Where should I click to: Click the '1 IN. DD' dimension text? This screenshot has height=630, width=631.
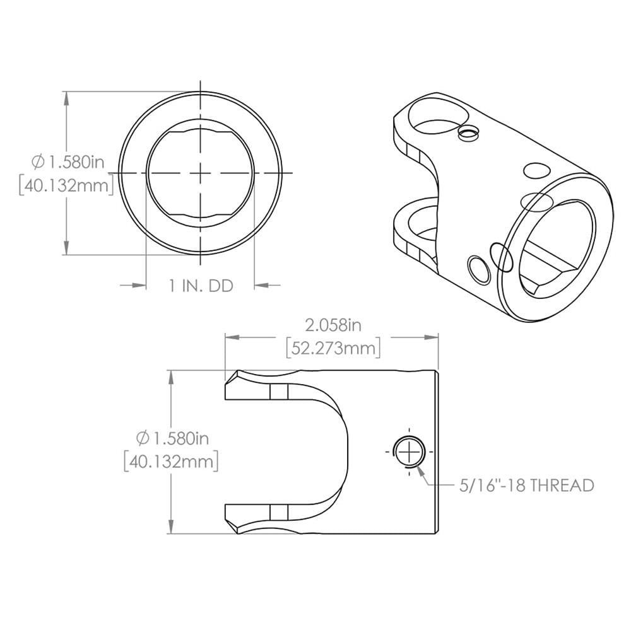(201, 286)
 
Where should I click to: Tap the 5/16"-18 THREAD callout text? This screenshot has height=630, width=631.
(525, 486)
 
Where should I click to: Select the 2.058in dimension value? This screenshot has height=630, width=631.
(333, 325)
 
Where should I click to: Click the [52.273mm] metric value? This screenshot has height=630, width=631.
(333, 347)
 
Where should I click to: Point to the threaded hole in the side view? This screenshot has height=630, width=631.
(410, 451)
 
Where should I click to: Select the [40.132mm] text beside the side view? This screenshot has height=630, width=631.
(171, 461)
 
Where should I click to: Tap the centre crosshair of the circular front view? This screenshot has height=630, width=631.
(201, 173)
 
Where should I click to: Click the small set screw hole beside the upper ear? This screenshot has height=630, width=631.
(468, 132)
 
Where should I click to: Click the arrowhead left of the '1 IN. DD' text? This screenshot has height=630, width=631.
(140, 286)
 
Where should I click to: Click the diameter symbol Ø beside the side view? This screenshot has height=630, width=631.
(142, 438)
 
